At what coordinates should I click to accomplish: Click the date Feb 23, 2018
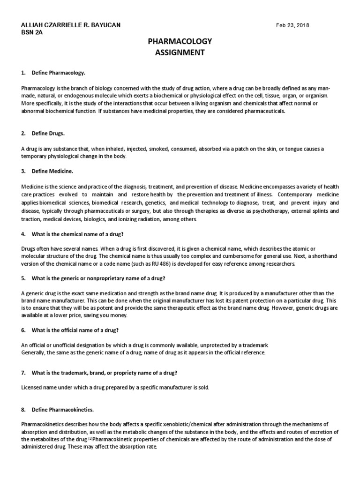293,25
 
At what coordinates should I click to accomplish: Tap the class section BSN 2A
32,33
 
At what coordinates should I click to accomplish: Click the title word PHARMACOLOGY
180,42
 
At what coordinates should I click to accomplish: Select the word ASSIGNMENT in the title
180,52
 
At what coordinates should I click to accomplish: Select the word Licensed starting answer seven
32,388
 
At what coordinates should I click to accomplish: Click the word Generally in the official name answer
34,352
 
